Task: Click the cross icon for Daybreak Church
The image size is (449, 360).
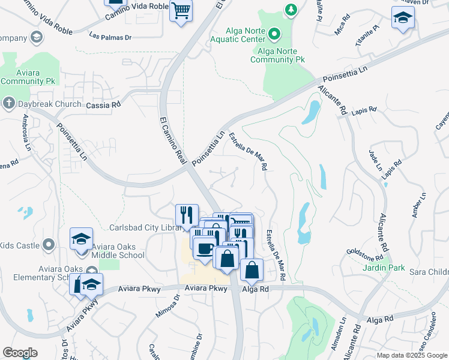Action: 8,103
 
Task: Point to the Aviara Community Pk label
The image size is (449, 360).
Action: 28,76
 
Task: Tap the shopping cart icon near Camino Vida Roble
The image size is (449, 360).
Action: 181,10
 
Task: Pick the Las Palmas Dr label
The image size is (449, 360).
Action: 110,37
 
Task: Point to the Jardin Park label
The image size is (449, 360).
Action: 384,268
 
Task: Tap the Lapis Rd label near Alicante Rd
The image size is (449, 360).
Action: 364,110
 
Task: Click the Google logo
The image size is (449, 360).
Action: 20,353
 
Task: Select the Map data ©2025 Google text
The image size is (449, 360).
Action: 411,355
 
